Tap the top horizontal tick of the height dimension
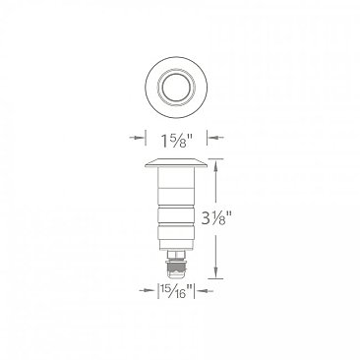(x=218, y=157)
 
